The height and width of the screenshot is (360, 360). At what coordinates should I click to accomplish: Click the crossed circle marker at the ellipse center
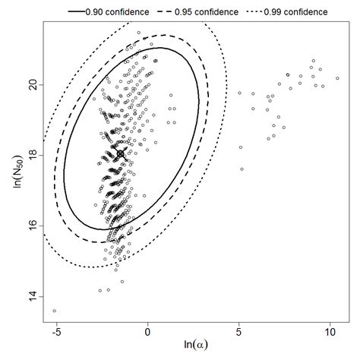(x=121, y=154)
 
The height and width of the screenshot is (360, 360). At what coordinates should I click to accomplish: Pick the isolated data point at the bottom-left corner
(x=54, y=311)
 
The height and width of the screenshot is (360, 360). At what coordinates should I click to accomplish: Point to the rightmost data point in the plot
(x=337, y=77)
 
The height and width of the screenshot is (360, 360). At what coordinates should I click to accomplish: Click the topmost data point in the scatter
(x=138, y=33)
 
